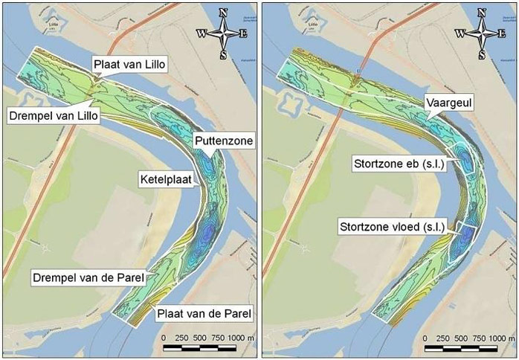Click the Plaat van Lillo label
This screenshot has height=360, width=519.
(130, 65)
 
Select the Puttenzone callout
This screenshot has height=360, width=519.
(224, 140)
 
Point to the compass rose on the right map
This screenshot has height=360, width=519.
(481, 33)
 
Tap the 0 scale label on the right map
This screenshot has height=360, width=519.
(425, 337)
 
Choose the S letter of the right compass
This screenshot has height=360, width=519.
(481, 56)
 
